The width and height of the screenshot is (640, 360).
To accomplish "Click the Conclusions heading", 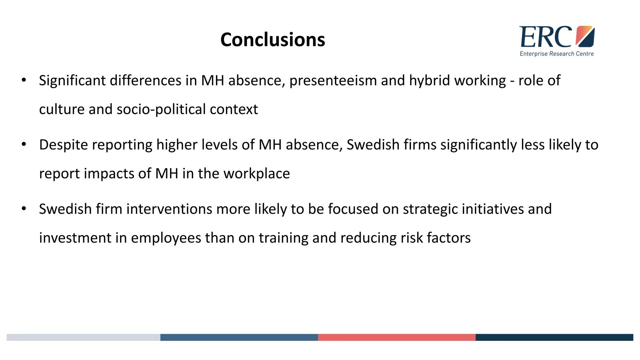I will pyautogui.click(x=272, y=40).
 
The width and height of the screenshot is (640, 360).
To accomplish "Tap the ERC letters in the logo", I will pyautogui.click(x=545, y=37).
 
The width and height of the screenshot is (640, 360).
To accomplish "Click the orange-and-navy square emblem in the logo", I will pyautogui.click(x=585, y=36).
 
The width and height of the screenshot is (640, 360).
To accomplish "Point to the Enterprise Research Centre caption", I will pyautogui.click(x=557, y=54).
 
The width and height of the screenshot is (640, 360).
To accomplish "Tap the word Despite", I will pyautogui.click(x=63, y=145).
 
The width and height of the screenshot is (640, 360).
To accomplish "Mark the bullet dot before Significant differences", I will pyautogui.click(x=24, y=80).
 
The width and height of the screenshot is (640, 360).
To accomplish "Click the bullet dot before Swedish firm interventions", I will pyautogui.click(x=24, y=209).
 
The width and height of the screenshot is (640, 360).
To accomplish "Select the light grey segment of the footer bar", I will pyautogui.click(x=83, y=337).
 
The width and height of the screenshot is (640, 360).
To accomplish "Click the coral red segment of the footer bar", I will pyautogui.click(x=397, y=337).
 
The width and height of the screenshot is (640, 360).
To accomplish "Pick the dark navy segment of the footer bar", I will pyautogui.click(x=554, y=337).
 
